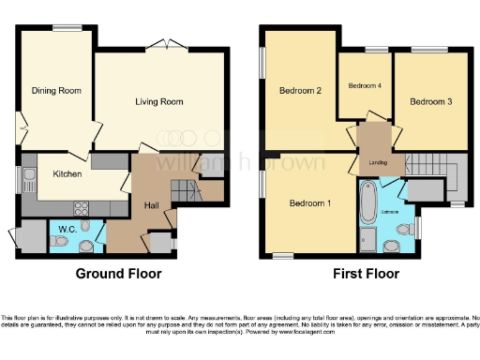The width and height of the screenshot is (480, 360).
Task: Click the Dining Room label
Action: point(57,91)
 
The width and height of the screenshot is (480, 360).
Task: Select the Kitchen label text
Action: point(67,173)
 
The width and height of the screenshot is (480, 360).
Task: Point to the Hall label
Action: point(150,204)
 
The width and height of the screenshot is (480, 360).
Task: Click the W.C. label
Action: point(67,229)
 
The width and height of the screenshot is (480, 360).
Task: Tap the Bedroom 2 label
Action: point(300,91)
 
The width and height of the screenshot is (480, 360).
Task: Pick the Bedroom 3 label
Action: point(431,100)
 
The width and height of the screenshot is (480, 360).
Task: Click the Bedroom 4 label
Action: point(365,85)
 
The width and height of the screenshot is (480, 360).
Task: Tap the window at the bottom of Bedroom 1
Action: point(282,255)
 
